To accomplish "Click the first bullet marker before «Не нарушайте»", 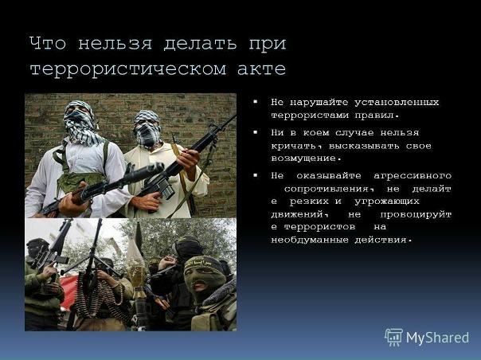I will point(256,102).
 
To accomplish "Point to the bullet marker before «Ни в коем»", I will point(256,132).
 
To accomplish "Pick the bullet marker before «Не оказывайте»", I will point(256,174).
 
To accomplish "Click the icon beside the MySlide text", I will point(393,337).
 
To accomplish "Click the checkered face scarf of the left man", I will point(81,127).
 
